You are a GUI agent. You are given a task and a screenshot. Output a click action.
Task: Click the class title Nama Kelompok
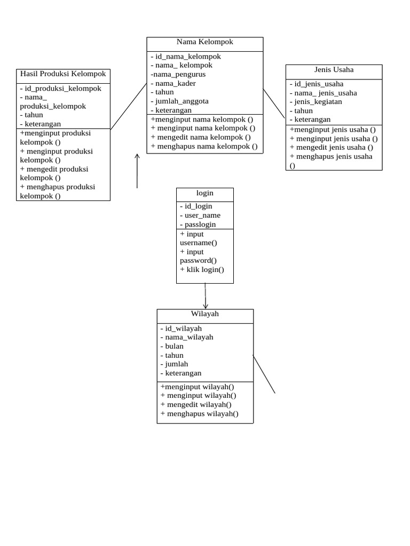(205, 42)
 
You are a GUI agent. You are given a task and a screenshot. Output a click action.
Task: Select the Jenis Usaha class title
(334, 70)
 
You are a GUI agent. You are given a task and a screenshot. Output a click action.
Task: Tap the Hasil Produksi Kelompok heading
(63, 74)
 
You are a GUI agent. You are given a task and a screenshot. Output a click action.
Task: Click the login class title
(205, 192)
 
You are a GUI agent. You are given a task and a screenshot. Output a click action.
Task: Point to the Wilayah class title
(205, 314)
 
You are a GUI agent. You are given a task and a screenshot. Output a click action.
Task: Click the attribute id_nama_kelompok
(186, 57)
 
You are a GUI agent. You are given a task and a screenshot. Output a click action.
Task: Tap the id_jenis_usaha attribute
(317, 84)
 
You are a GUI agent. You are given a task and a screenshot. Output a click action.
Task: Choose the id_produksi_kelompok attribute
(61, 89)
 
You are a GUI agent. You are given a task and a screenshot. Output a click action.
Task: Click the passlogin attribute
(199, 224)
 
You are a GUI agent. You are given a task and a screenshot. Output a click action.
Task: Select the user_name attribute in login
(201, 215)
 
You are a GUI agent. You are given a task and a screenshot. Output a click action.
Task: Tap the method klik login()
(202, 270)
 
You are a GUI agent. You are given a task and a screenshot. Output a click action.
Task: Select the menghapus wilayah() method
(200, 414)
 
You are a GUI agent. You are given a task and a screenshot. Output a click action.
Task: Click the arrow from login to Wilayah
(206, 296)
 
